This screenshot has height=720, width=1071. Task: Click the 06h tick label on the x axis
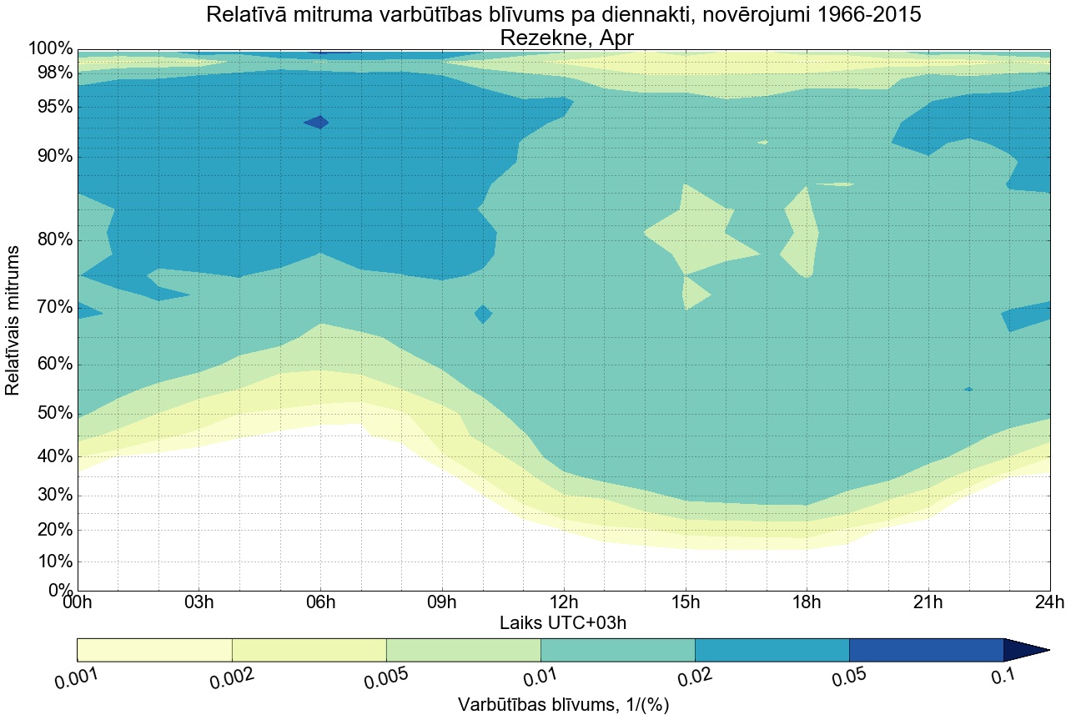(320, 603)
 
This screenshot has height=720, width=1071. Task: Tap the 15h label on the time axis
(685, 603)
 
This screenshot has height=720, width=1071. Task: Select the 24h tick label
(1049, 603)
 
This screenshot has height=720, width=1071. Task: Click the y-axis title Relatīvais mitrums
(13, 321)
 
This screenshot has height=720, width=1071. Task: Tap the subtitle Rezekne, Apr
(563, 38)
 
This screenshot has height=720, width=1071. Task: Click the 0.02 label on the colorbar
(695, 677)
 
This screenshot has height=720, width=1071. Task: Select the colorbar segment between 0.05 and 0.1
(926, 650)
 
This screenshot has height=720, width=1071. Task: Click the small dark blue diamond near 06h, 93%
(316, 122)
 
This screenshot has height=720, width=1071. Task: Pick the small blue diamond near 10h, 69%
(483, 315)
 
